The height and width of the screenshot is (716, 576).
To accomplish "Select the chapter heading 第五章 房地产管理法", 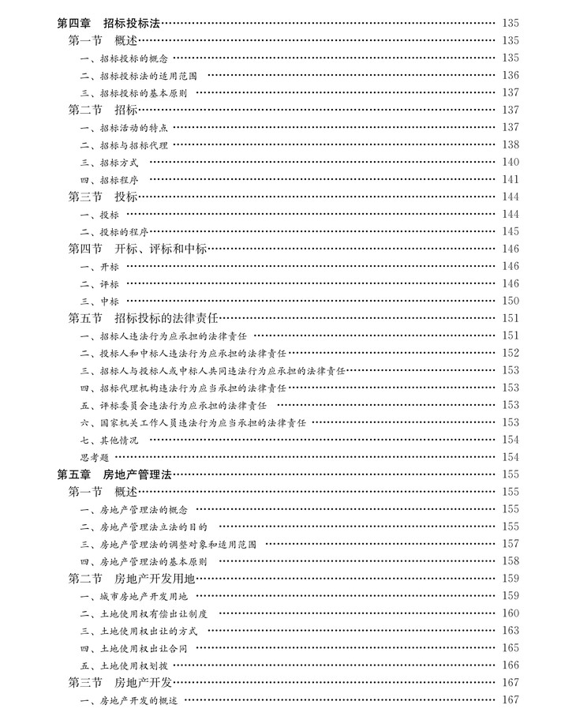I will (x=114, y=474).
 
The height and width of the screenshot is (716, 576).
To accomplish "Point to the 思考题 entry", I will (x=94, y=457).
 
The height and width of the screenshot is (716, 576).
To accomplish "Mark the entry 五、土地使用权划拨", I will (x=129, y=665).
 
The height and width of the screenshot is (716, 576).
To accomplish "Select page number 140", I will (x=510, y=162).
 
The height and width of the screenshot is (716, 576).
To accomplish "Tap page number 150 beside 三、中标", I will (x=510, y=301).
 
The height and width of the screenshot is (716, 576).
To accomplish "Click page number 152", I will (x=510, y=353).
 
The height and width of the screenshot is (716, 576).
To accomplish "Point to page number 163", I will (x=510, y=631).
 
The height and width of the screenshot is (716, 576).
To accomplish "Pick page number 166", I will (x=510, y=665).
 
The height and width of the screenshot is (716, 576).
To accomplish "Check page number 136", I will (x=510, y=75).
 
